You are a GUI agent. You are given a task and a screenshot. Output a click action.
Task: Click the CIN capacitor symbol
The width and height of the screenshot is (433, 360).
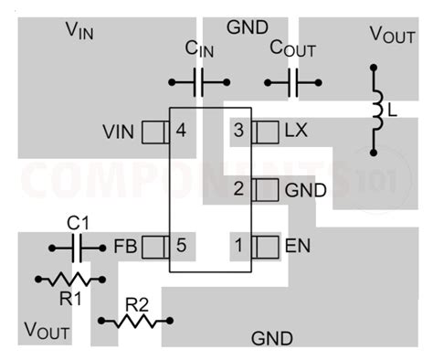(198, 83)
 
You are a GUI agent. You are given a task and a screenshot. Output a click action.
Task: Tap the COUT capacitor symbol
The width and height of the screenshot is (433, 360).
(293, 83)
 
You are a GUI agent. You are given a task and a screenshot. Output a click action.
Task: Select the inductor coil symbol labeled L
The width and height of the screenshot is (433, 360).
(375, 109)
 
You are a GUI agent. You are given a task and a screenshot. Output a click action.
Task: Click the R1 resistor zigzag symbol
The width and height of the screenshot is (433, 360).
(67, 279)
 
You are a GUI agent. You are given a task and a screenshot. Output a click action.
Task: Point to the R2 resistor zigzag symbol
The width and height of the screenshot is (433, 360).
(136, 321)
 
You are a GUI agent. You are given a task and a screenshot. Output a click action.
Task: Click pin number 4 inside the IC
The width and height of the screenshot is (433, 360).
(181, 132)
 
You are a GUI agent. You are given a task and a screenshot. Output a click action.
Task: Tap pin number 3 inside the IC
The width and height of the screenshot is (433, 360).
(238, 132)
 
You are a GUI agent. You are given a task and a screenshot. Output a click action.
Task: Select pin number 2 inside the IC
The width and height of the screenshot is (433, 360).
(238, 190)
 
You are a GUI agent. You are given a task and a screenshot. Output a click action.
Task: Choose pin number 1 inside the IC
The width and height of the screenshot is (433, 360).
(238, 245)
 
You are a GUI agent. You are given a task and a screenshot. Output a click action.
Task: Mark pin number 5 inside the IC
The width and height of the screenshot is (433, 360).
(181, 245)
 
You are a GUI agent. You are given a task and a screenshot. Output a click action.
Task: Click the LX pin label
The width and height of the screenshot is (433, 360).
(297, 132)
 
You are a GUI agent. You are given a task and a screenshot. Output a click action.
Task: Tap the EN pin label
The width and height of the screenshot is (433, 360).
(297, 245)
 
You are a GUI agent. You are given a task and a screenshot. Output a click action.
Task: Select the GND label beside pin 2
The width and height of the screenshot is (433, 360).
(305, 190)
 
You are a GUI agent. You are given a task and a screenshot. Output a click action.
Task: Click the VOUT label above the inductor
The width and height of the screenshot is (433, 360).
(391, 34)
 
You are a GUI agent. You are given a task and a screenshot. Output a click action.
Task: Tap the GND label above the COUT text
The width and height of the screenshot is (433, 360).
(247, 27)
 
